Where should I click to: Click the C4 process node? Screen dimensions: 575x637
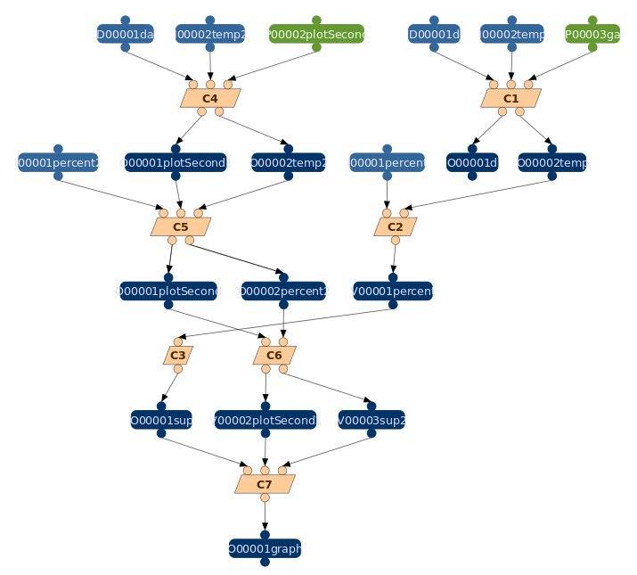pyautogui.click(x=210, y=98)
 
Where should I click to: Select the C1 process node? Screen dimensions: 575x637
pyautogui.click(x=510, y=98)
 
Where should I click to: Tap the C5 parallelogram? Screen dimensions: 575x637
pyautogui.click(x=181, y=226)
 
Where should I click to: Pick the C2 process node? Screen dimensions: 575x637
pyautogui.click(x=396, y=226)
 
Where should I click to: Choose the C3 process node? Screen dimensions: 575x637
pyautogui.click(x=178, y=355)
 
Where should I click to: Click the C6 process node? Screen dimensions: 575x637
pyautogui.click(x=274, y=355)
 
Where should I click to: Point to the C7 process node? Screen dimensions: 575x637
pyautogui.click(x=265, y=484)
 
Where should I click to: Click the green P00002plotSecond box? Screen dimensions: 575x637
pyautogui.click(x=316, y=34)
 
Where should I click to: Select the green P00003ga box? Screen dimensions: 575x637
pyautogui.click(x=592, y=34)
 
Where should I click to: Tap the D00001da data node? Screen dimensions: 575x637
pyautogui.click(x=125, y=34)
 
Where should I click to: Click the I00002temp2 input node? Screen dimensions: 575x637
pyautogui.click(x=210, y=34)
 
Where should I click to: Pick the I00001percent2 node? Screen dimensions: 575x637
pyautogui.click(x=58, y=162)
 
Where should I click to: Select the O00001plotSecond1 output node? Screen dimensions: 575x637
pyautogui.click(x=176, y=162)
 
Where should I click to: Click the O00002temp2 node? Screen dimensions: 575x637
pyautogui.click(x=288, y=162)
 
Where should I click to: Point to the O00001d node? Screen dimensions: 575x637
pyautogui.click(x=472, y=162)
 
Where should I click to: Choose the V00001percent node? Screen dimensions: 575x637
pyautogui.click(x=393, y=291)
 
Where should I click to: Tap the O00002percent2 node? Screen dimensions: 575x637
pyautogui.click(x=283, y=291)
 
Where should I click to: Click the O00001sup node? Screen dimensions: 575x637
pyautogui.click(x=161, y=420)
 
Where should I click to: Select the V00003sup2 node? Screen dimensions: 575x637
pyautogui.click(x=372, y=420)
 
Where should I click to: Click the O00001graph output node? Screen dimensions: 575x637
pyautogui.click(x=265, y=548)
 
